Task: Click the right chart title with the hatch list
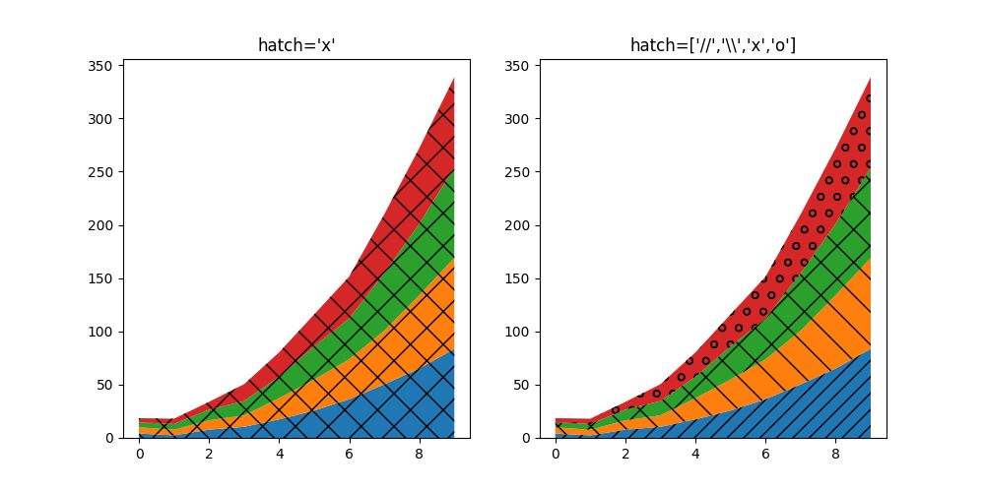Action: tap(712, 45)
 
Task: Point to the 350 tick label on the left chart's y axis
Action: tap(101, 66)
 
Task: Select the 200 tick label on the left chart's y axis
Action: tap(101, 225)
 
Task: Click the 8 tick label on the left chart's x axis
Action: tap(420, 455)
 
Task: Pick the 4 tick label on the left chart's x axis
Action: tap(280, 455)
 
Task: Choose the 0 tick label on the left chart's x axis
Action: tap(140, 455)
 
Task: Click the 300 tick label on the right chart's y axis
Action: tap(518, 119)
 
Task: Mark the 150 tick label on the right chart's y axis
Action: tap(518, 278)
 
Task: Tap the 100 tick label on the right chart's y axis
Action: tap(518, 332)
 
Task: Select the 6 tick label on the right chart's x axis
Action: tap(765, 455)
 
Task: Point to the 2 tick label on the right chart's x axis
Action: tap(625, 455)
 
